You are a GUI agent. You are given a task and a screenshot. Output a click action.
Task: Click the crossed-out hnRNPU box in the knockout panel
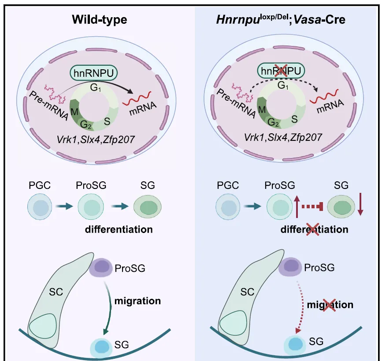pyautogui.click(x=282, y=71)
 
